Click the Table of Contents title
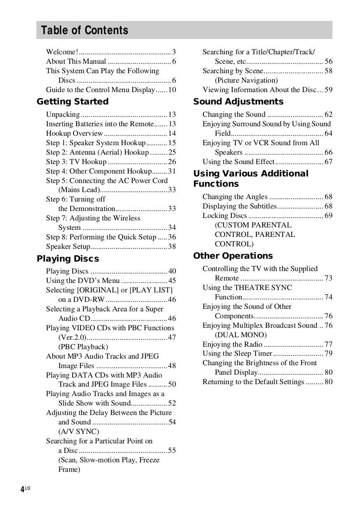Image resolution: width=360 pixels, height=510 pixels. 85,30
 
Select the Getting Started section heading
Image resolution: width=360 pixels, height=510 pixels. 73,102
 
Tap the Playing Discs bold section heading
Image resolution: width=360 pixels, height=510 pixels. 68,259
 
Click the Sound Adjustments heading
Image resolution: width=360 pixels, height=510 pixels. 238,102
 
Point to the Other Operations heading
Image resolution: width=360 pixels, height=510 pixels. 233,256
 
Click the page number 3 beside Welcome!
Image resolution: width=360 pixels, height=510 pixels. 174,52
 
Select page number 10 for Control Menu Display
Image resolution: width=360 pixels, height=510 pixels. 172,90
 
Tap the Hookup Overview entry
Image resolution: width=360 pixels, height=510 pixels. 74,133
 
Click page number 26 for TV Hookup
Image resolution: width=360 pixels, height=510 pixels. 172,162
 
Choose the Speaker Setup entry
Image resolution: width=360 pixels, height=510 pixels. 68,246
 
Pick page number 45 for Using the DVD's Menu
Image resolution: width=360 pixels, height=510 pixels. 172,280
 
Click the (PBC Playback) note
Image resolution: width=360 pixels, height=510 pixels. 83,347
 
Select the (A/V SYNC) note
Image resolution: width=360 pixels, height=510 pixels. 78,431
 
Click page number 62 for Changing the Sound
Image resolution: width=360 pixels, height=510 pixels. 328,114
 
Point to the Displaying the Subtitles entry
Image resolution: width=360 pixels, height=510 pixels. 239,206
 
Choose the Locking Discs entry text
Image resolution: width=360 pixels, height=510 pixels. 225,216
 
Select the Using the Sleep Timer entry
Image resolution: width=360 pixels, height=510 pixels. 237,353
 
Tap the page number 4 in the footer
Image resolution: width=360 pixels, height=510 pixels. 22,489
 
